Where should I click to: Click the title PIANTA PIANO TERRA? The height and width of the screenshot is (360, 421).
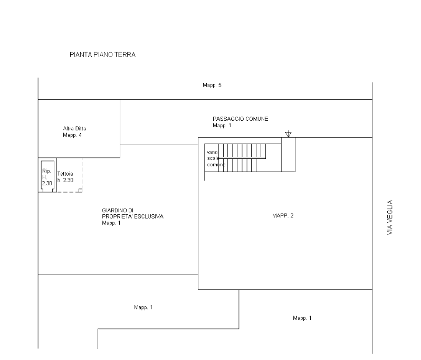(x=102, y=55)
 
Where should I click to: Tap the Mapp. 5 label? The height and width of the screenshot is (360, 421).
(x=212, y=85)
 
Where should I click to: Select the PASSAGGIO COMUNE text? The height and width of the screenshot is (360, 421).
(x=240, y=119)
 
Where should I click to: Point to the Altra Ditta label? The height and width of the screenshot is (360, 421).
(x=74, y=128)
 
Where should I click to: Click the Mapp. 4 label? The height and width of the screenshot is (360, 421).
(x=72, y=135)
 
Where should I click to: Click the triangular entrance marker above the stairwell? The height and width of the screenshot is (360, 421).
(x=288, y=134)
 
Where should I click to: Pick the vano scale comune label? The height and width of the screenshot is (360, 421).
(x=216, y=158)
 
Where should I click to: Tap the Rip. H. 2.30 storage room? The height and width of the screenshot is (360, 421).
(x=47, y=176)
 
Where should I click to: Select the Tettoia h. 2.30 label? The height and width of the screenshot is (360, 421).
(x=65, y=177)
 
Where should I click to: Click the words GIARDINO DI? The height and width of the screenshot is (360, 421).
(x=118, y=210)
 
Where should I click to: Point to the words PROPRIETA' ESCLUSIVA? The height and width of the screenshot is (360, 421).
(x=132, y=216)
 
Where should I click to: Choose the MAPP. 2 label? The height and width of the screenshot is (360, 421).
(x=283, y=216)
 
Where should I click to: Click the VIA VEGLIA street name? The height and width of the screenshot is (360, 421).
(x=390, y=217)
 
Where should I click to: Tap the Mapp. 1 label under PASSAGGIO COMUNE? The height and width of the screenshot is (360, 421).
(x=222, y=126)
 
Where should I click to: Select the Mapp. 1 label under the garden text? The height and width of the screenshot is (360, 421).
(x=111, y=223)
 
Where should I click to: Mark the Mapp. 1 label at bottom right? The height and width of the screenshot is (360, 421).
(x=302, y=318)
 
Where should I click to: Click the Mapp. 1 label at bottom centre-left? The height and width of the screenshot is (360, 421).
(x=143, y=307)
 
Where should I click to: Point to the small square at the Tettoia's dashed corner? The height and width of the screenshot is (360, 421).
(x=80, y=191)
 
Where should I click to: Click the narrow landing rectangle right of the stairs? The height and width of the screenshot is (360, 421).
(x=289, y=155)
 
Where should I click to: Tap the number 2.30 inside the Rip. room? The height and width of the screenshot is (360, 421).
(x=47, y=184)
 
